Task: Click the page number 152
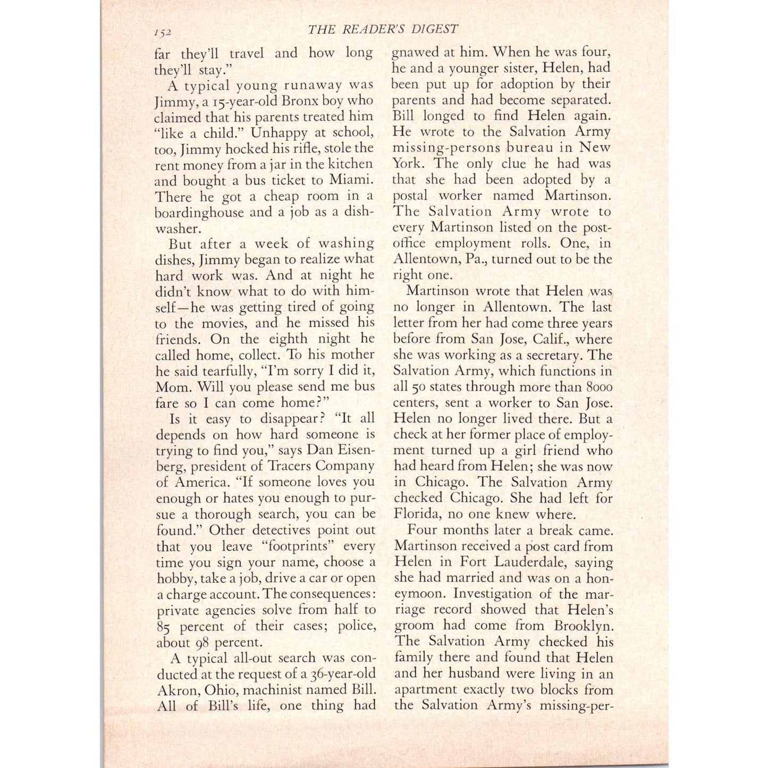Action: click(x=163, y=32)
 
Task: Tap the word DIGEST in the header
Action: click(x=433, y=29)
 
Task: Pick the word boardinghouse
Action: click(x=200, y=212)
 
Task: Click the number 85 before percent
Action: click(x=164, y=626)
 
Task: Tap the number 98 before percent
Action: click(x=201, y=643)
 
